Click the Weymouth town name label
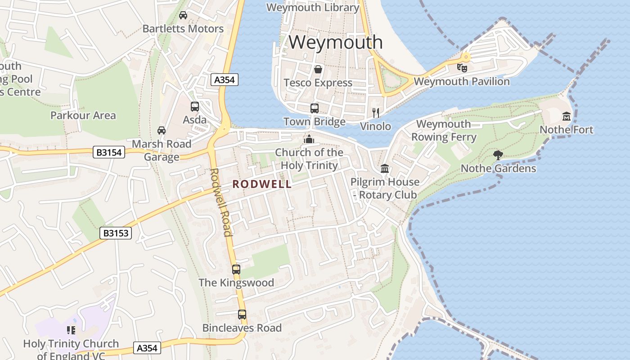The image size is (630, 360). pos(336,42)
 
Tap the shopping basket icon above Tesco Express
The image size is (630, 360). pos(318,69)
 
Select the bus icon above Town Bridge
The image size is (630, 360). pos(314,108)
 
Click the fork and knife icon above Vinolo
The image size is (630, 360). pos(376,113)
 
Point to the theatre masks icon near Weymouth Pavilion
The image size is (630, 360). pos(462,67)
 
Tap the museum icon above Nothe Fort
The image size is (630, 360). pos(566,117)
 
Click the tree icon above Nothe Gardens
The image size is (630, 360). pos(498,155)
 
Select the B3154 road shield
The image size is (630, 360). pos(109,152)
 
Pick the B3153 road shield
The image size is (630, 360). pos(115,233)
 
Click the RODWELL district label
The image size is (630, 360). pos(262,184)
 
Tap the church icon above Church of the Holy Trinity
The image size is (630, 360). pos(309,139)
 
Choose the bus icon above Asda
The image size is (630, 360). pos(194,107)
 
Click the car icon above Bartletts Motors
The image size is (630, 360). pos(183,15)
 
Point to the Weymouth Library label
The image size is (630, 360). pos(313,7)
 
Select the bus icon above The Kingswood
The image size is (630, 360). pos(236,270)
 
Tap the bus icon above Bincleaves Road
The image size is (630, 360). pos(242,315)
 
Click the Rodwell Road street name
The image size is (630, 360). pos(220,202)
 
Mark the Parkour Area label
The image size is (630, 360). pos(83,115)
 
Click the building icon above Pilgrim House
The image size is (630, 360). pos(385,169)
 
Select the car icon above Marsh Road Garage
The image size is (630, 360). pos(161,130)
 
